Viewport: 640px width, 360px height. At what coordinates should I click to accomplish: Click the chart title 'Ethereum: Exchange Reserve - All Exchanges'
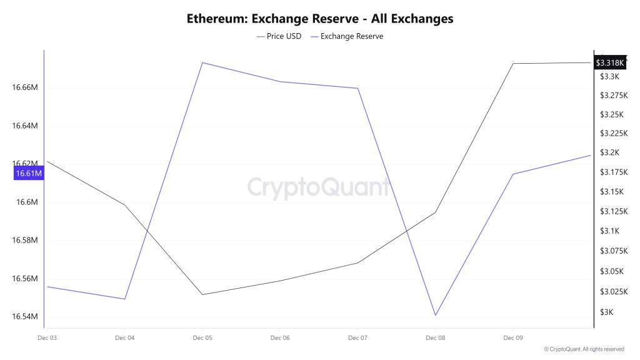(x=320, y=19)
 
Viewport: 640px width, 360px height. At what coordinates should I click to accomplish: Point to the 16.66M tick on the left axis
(x=26, y=87)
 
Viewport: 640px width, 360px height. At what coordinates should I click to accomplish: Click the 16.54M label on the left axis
(x=26, y=317)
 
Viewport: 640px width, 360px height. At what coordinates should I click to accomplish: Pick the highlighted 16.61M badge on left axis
(x=28, y=174)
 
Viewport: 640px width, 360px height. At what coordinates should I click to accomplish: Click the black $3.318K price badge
(x=609, y=62)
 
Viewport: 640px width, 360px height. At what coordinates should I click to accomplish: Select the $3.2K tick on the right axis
(x=609, y=153)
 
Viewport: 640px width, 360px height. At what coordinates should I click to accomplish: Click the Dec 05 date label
(x=202, y=338)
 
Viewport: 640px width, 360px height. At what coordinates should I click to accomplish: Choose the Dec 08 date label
(x=435, y=338)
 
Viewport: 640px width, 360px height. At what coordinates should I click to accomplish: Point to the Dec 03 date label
(x=47, y=338)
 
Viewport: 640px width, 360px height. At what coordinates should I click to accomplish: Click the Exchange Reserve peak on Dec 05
(x=202, y=62)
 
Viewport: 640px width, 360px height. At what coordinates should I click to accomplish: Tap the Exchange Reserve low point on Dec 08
(x=436, y=315)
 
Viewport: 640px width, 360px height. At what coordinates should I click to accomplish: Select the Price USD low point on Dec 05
(x=202, y=294)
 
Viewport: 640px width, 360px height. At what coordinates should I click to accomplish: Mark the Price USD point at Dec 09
(x=513, y=64)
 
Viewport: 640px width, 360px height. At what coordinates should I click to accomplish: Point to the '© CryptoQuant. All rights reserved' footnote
(x=584, y=349)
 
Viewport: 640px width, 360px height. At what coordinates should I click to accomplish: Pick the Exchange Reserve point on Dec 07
(x=357, y=88)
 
